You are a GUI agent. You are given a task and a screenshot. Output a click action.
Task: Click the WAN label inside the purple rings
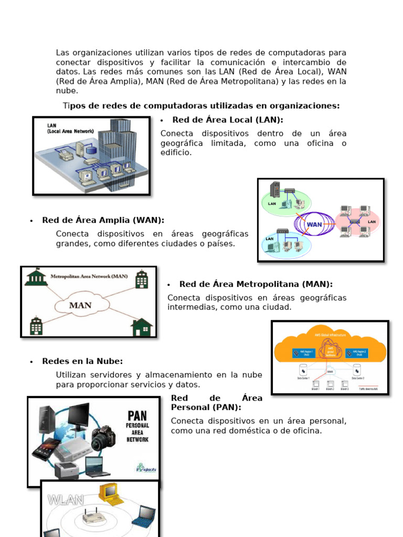(x=314, y=224)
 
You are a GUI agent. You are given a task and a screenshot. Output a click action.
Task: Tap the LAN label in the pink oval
(x=372, y=222)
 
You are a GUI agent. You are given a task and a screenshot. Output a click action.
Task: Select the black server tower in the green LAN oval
(x=274, y=189)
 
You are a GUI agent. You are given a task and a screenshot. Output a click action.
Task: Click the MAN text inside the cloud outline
(x=80, y=305)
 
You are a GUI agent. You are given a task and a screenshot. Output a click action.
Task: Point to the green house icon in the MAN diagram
(x=141, y=327)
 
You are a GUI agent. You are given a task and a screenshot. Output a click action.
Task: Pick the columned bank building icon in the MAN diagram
(x=36, y=277)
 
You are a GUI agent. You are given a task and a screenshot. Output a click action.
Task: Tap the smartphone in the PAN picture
(x=46, y=448)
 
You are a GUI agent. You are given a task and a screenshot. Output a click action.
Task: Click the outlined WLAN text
(x=66, y=500)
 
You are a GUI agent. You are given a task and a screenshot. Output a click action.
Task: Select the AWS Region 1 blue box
(x=303, y=353)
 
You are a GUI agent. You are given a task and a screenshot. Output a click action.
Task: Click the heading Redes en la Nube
(x=82, y=361)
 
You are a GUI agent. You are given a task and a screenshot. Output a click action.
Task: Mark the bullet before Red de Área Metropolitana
(x=169, y=285)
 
